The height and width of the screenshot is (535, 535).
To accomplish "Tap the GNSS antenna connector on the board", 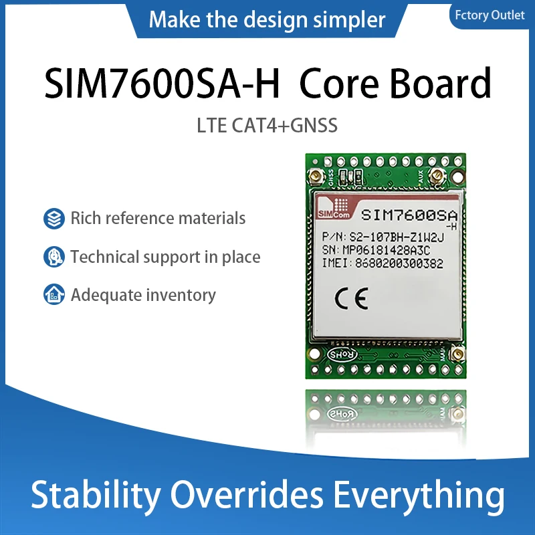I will (x=314, y=177).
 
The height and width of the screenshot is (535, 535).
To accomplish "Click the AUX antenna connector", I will (x=436, y=177).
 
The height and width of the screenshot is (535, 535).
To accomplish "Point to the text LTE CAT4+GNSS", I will (x=267, y=126).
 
